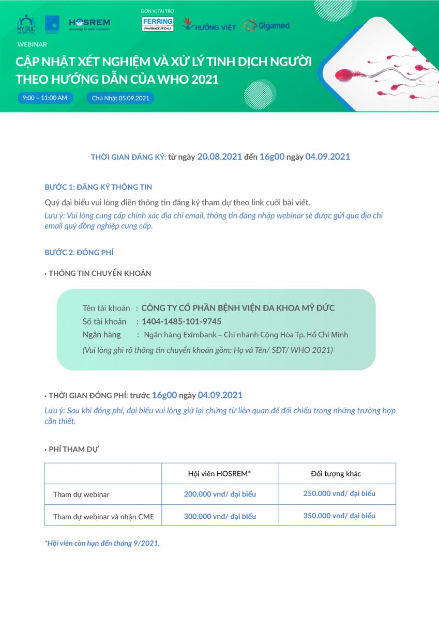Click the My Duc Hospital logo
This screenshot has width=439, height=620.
click(26, 24)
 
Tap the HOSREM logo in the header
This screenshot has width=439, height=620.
click(89, 24)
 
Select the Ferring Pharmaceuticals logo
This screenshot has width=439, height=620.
click(158, 24)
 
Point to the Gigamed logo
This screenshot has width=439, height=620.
click(266, 25)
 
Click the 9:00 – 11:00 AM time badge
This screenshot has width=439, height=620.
click(45, 98)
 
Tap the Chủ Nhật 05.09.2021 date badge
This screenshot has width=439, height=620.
click(120, 98)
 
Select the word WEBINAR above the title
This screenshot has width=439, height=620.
click(32, 44)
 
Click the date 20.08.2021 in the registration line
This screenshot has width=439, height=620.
click(220, 157)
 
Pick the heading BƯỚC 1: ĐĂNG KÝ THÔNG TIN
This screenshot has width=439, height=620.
click(98, 187)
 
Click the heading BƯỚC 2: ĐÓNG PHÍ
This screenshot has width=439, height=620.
click(79, 252)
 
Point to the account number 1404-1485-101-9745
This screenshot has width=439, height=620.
click(181, 321)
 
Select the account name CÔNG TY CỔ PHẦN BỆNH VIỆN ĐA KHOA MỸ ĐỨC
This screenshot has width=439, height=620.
click(238, 308)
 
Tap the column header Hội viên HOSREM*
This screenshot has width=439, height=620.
click(219, 474)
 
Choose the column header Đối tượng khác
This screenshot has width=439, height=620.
click(336, 474)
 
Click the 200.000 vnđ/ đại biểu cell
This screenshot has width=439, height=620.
click(220, 494)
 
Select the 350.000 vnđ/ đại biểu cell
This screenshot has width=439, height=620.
click(339, 516)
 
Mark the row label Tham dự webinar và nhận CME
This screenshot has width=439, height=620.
click(103, 516)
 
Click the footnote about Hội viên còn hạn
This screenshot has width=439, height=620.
click(102, 544)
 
